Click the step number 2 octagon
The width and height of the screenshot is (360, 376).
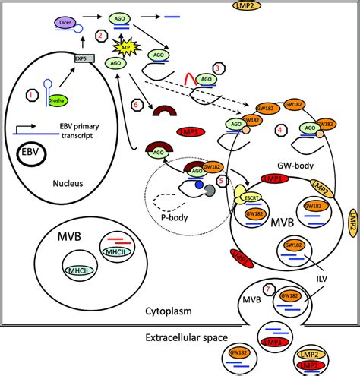pyautogui.click(x=99, y=35)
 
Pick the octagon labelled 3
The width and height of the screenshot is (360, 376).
pyautogui.click(x=219, y=68)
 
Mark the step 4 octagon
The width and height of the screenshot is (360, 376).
pyautogui.click(x=281, y=130)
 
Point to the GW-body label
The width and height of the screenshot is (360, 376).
pyautogui.click(x=292, y=161)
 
